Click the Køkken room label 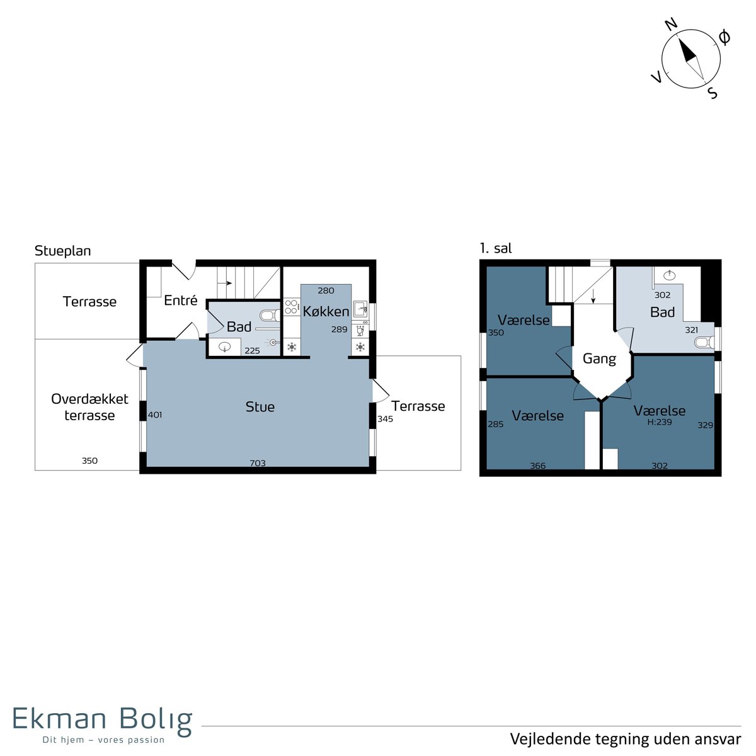325,311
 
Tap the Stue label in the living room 260,406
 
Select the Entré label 180,300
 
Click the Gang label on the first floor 598,358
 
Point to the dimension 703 258,463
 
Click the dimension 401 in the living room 155,415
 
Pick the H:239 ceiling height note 659,422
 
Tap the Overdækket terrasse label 89,407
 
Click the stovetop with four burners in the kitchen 291,307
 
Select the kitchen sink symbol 360,309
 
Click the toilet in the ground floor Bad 270,315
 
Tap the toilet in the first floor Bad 704,343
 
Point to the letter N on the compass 672,25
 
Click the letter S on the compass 713,93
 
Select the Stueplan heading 63,251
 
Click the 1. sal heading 496,248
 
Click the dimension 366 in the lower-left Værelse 537,466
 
